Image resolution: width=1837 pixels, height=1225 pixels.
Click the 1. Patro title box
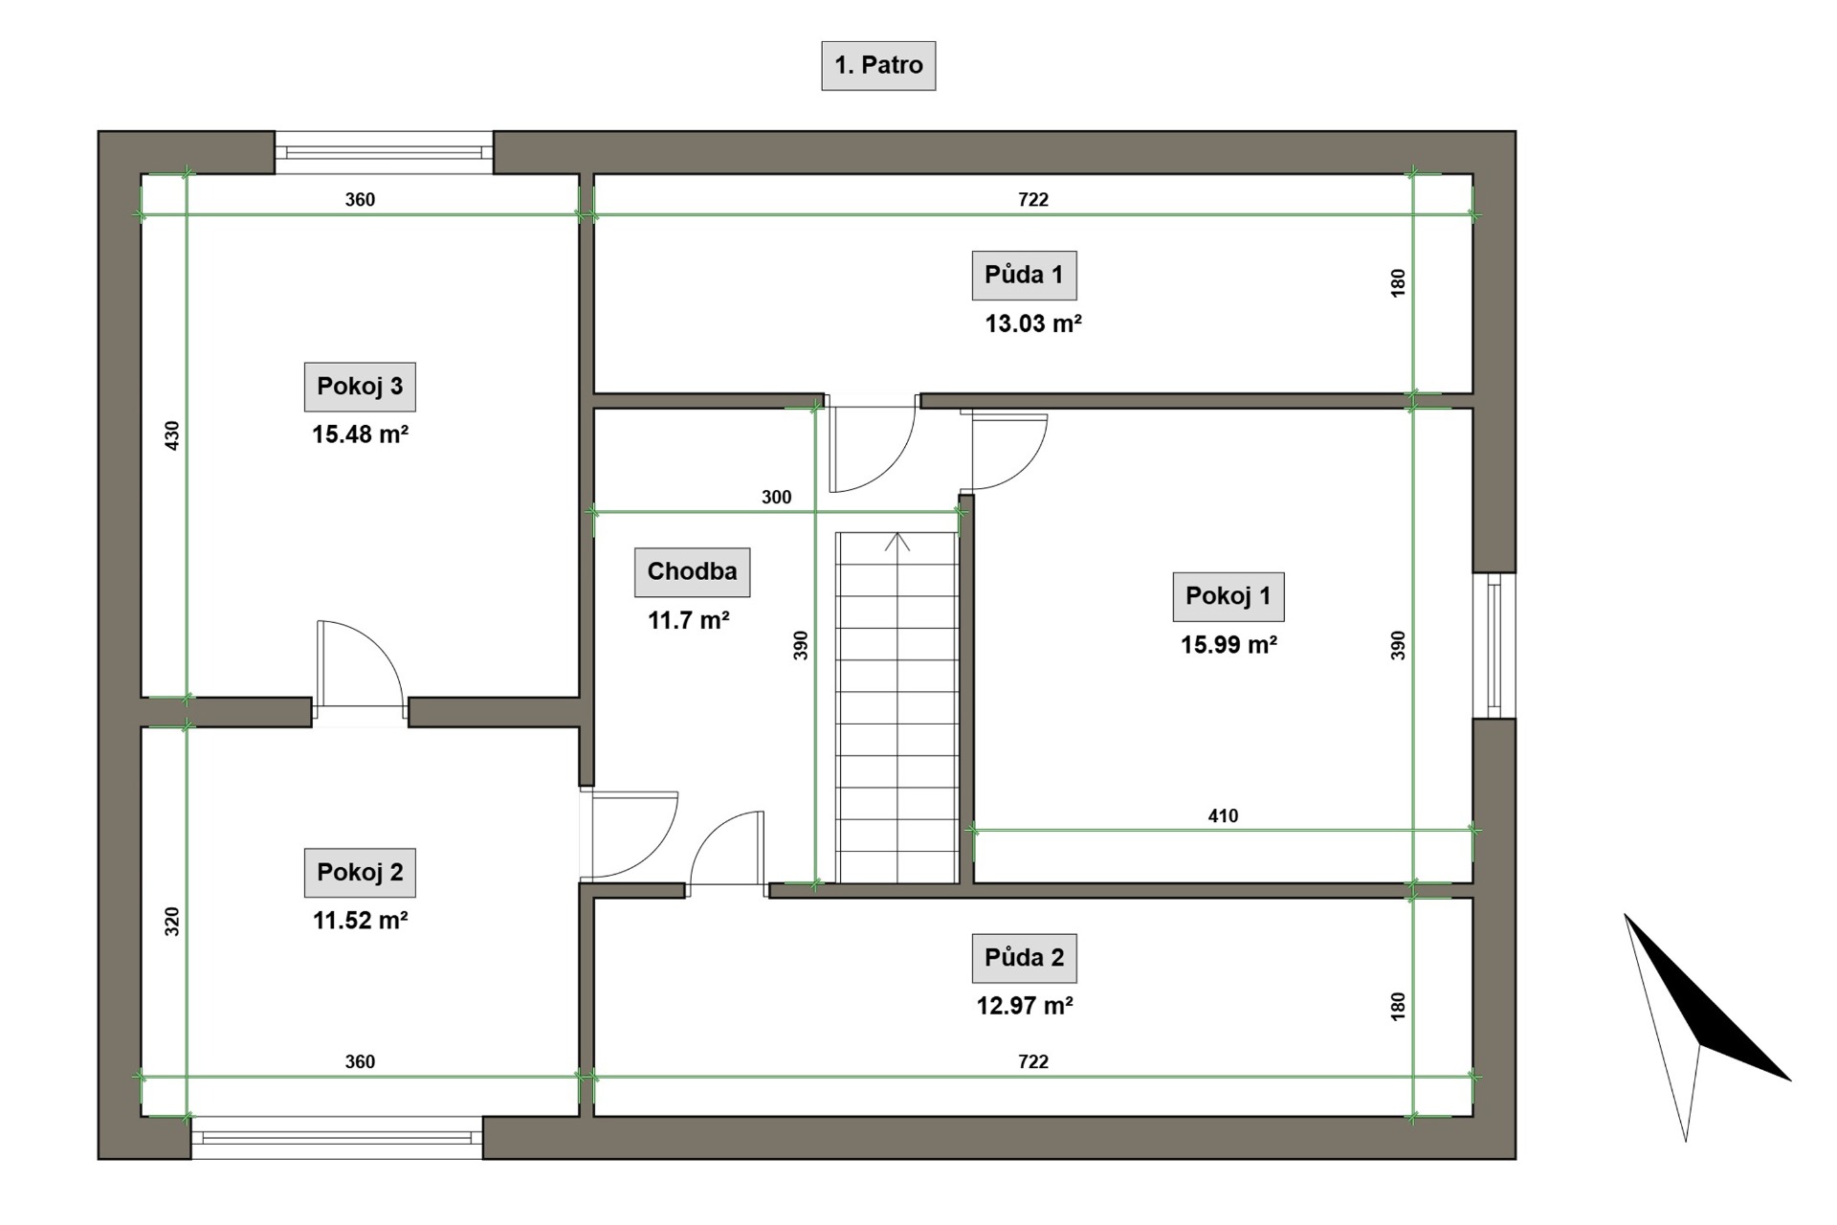click(x=878, y=66)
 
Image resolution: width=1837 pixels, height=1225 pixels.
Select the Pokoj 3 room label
click(x=360, y=387)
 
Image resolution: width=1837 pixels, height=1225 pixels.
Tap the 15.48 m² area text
click(x=360, y=434)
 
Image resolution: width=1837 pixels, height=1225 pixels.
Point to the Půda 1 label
click(x=1024, y=275)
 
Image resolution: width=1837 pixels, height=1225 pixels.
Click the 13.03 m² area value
click(x=1033, y=323)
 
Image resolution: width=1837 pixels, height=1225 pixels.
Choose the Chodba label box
click(x=692, y=572)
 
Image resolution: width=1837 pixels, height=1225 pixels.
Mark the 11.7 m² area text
click(x=689, y=620)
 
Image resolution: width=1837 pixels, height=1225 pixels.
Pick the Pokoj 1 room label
click(x=1228, y=596)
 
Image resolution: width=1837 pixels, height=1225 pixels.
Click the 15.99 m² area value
click(x=1228, y=645)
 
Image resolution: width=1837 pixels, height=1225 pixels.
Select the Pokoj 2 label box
click(x=360, y=873)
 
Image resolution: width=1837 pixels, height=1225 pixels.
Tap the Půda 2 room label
click(x=1024, y=958)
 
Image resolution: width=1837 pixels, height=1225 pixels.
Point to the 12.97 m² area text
click(x=1024, y=1006)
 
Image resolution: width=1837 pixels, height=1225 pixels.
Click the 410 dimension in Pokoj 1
click(x=1223, y=816)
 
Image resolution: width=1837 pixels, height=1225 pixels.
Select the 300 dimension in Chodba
click(x=777, y=498)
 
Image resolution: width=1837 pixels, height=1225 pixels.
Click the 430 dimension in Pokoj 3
click(x=172, y=436)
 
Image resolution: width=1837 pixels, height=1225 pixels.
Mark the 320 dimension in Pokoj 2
click(x=172, y=922)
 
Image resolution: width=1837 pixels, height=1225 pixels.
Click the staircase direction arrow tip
click(x=897, y=533)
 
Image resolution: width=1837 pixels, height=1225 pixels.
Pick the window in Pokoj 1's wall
click(x=1494, y=646)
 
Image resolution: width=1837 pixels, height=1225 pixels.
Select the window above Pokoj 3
click(x=384, y=153)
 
